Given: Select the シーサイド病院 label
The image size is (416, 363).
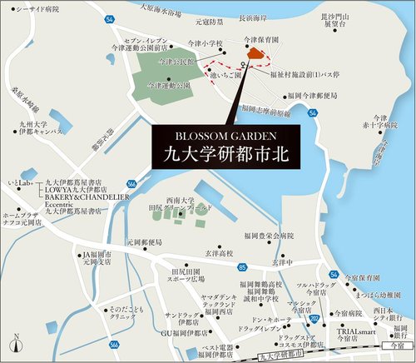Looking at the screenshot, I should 35,11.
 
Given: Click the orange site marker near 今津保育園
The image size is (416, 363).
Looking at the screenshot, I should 253,55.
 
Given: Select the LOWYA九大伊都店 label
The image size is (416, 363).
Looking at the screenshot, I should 72,191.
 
